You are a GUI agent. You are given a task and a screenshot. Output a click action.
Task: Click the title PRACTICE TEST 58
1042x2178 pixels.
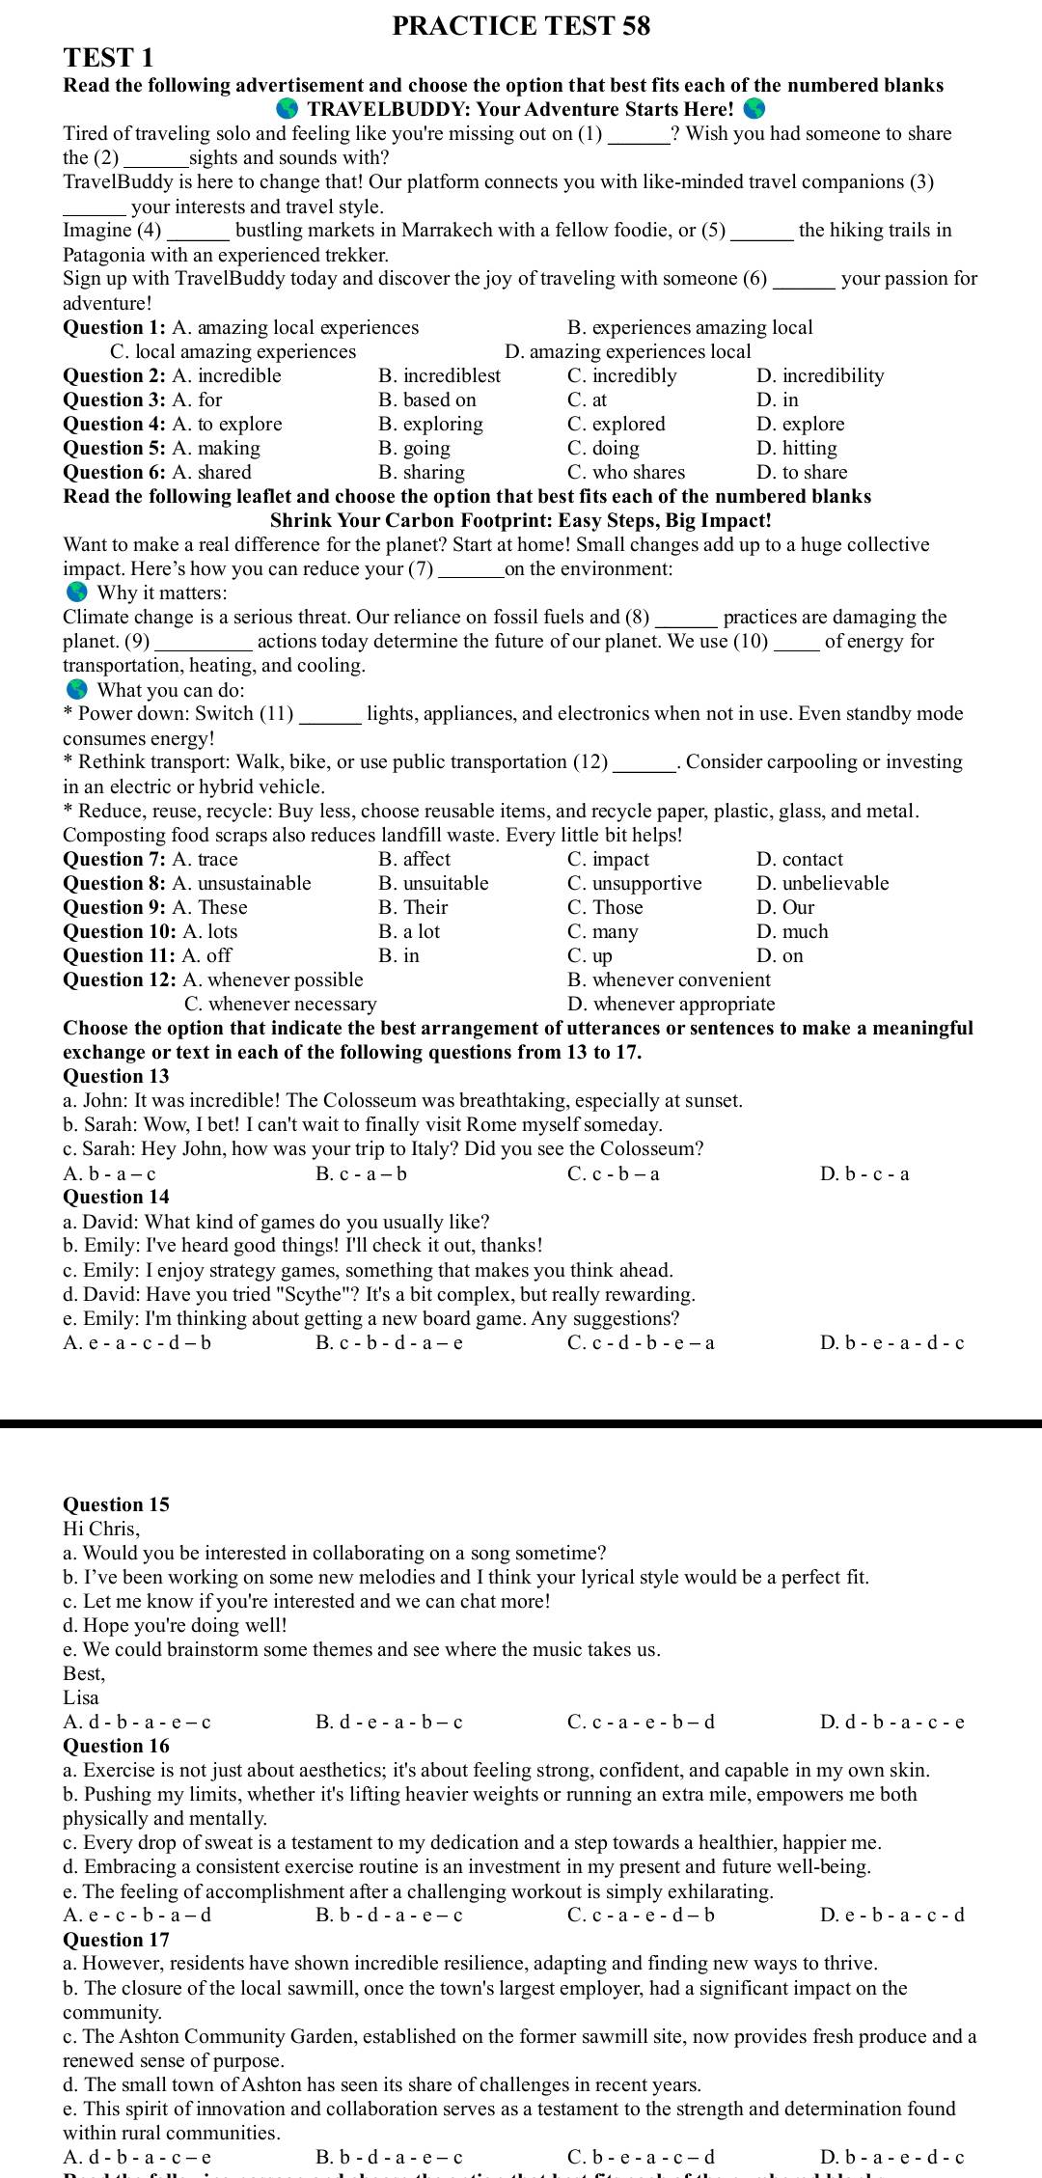click(521, 26)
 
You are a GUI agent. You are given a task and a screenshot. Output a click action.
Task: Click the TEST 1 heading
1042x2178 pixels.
click(108, 58)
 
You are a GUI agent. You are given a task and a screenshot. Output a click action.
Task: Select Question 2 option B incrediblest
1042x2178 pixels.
click(440, 375)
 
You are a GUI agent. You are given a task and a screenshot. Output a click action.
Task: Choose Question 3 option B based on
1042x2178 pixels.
click(427, 400)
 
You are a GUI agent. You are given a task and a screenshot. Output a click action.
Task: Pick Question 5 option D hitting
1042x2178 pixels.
click(797, 448)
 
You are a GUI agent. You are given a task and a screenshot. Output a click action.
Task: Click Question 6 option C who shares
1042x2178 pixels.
click(626, 472)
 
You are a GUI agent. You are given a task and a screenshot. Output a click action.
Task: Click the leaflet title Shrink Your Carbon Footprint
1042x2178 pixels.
click(521, 520)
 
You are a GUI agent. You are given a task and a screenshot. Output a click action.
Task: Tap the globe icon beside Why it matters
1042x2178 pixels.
click(77, 593)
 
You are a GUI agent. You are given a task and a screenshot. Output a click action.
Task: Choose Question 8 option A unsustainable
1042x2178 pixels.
click(241, 883)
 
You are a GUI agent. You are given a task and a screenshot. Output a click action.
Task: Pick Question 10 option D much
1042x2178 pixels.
click(793, 931)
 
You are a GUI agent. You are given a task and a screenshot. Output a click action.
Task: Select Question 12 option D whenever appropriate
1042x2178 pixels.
click(672, 1004)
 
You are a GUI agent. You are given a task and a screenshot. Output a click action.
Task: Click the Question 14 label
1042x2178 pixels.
click(116, 1197)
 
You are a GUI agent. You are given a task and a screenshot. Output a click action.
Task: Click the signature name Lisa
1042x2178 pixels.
click(81, 1697)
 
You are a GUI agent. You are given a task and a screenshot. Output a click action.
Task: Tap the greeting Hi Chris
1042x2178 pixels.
click(100, 1529)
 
